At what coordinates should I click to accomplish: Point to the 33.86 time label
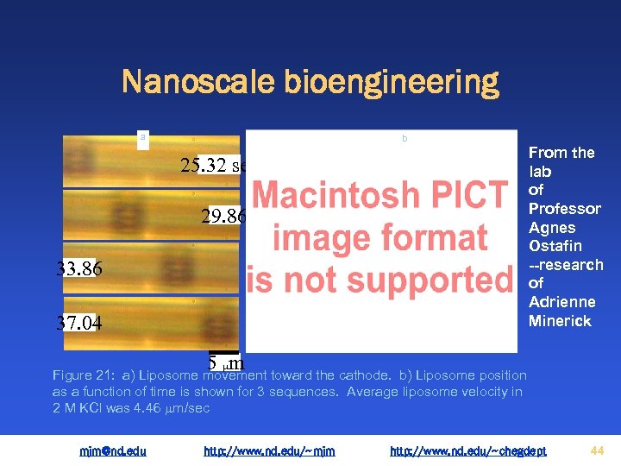[79, 269]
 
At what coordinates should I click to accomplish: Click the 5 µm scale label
[226, 362]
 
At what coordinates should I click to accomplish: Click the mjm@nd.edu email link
[113, 450]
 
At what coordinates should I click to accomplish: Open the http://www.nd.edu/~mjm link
[269, 450]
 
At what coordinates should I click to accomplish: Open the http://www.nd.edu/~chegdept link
[468, 450]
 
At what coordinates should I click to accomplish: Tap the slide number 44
[597, 450]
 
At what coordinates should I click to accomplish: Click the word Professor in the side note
[565, 209]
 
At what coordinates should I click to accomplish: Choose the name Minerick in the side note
[561, 321]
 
